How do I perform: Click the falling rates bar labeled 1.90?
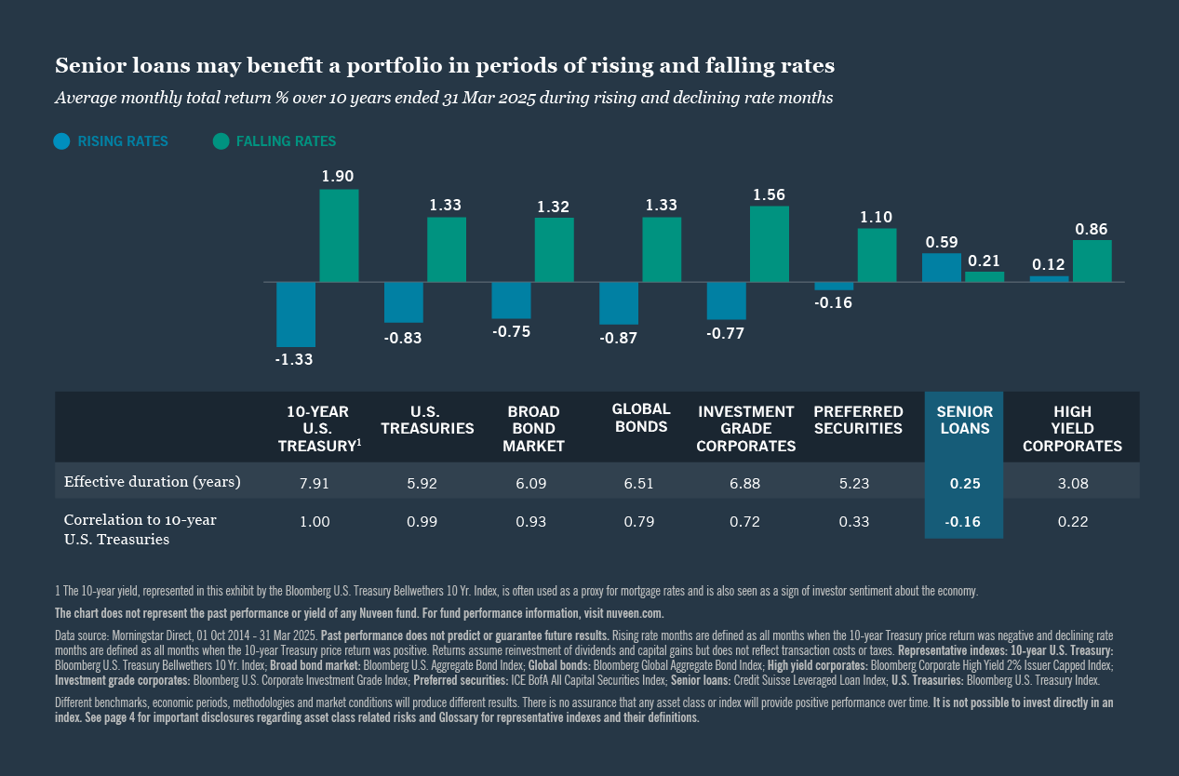click(339, 235)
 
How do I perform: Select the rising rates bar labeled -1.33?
click(295, 314)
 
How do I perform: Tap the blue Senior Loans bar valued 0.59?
click(941, 267)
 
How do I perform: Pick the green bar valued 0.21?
click(985, 276)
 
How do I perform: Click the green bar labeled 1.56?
click(769, 244)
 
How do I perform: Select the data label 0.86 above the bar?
click(1092, 229)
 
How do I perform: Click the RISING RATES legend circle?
click(62, 141)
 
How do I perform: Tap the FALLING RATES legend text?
click(286, 141)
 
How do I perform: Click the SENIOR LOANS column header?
click(963, 421)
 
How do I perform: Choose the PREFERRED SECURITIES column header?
click(858, 421)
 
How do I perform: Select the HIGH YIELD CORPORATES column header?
click(1072, 429)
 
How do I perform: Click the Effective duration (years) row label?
click(152, 482)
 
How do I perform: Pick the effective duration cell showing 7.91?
click(314, 484)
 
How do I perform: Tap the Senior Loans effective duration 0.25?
click(963, 484)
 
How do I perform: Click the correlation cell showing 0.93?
click(532, 522)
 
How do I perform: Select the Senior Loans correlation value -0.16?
click(963, 522)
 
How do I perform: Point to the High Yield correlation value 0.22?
click(1072, 522)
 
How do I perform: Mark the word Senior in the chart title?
click(85, 66)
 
